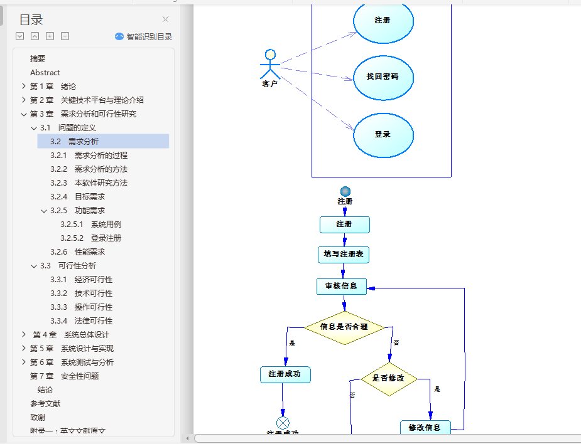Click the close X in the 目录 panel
(x=165, y=19)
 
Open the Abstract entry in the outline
(x=45, y=72)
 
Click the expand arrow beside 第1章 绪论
(x=24, y=86)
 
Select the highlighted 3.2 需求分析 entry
(x=75, y=141)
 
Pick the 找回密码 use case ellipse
(x=383, y=77)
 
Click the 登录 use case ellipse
(x=383, y=135)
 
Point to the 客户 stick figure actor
(x=269, y=65)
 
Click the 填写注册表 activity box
(x=343, y=254)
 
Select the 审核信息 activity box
(x=341, y=286)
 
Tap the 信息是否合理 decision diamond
(x=344, y=327)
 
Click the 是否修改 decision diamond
(x=389, y=378)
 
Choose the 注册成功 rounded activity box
(x=285, y=374)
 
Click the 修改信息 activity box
(x=425, y=428)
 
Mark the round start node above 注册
(x=345, y=191)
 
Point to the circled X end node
(x=283, y=423)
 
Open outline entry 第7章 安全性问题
(x=64, y=376)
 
